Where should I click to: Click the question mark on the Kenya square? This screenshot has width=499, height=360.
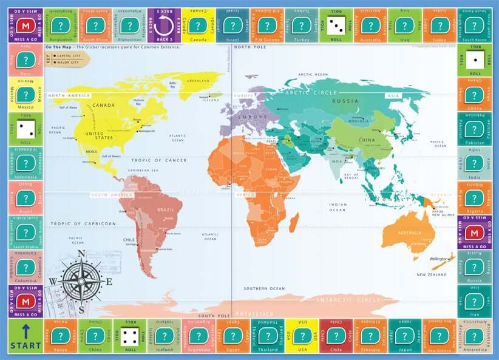point(60,335)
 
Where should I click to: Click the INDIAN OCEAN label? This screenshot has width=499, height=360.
point(338,208)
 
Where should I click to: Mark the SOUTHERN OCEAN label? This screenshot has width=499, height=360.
point(263,288)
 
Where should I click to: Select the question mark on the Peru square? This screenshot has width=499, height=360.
point(25,60)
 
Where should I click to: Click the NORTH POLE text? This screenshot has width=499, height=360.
point(250,47)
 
